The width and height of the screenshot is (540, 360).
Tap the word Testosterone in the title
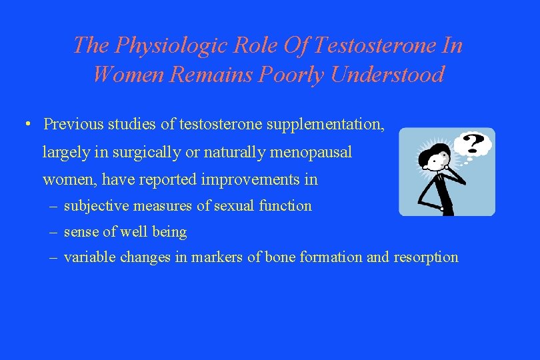pos(371,45)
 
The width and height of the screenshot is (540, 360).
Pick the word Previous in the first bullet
pos(71,124)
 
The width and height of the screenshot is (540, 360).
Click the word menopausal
pos(311,152)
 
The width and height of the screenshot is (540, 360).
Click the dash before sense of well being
pos(53,232)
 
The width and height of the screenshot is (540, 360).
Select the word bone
pos(279,257)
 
